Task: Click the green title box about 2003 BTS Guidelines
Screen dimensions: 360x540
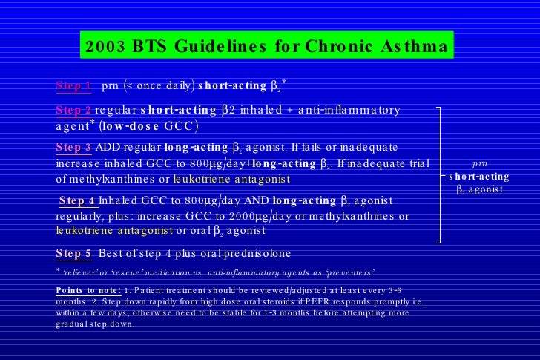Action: point(266,47)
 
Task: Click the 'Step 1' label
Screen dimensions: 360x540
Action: point(73,85)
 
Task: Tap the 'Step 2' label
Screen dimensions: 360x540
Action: point(73,110)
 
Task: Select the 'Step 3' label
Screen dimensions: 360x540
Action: point(73,147)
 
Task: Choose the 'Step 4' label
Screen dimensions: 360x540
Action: point(78,200)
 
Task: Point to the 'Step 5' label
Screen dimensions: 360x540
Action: point(73,253)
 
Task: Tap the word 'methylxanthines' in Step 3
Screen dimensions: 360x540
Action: point(112,180)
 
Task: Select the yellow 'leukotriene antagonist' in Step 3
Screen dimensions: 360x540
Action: point(231,180)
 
